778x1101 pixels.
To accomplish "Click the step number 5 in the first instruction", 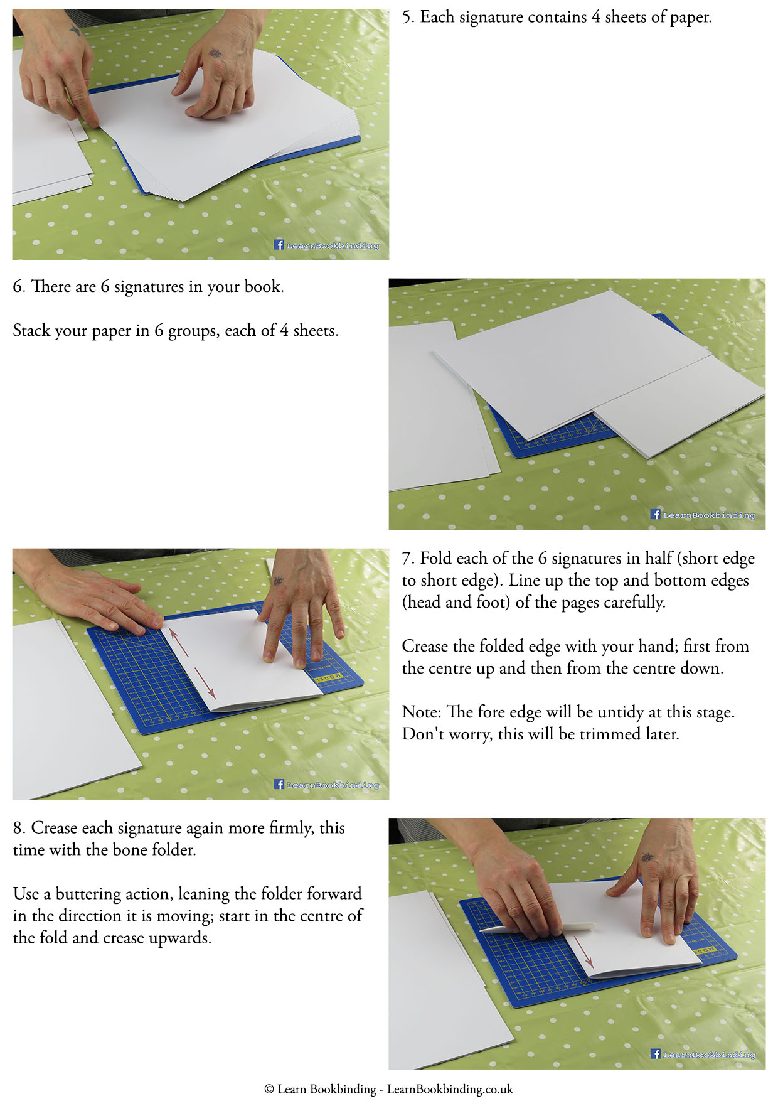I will (x=407, y=18).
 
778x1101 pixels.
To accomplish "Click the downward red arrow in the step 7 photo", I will (x=206, y=683).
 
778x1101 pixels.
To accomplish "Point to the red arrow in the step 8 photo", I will (x=583, y=952).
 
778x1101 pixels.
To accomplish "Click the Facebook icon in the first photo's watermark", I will (x=279, y=245).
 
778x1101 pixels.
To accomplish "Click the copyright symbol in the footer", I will (x=269, y=1089).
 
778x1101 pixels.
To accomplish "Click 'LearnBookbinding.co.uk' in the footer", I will (x=450, y=1089).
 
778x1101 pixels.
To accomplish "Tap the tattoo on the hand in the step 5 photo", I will (x=216, y=53).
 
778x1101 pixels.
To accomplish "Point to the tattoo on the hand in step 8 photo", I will (x=646, y=857).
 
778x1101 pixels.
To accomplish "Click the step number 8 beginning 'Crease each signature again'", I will (x=19, y=829).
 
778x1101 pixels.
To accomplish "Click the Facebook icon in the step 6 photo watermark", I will (x=656, y=514).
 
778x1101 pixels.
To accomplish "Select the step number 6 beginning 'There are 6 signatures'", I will (x=18, y=287).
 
